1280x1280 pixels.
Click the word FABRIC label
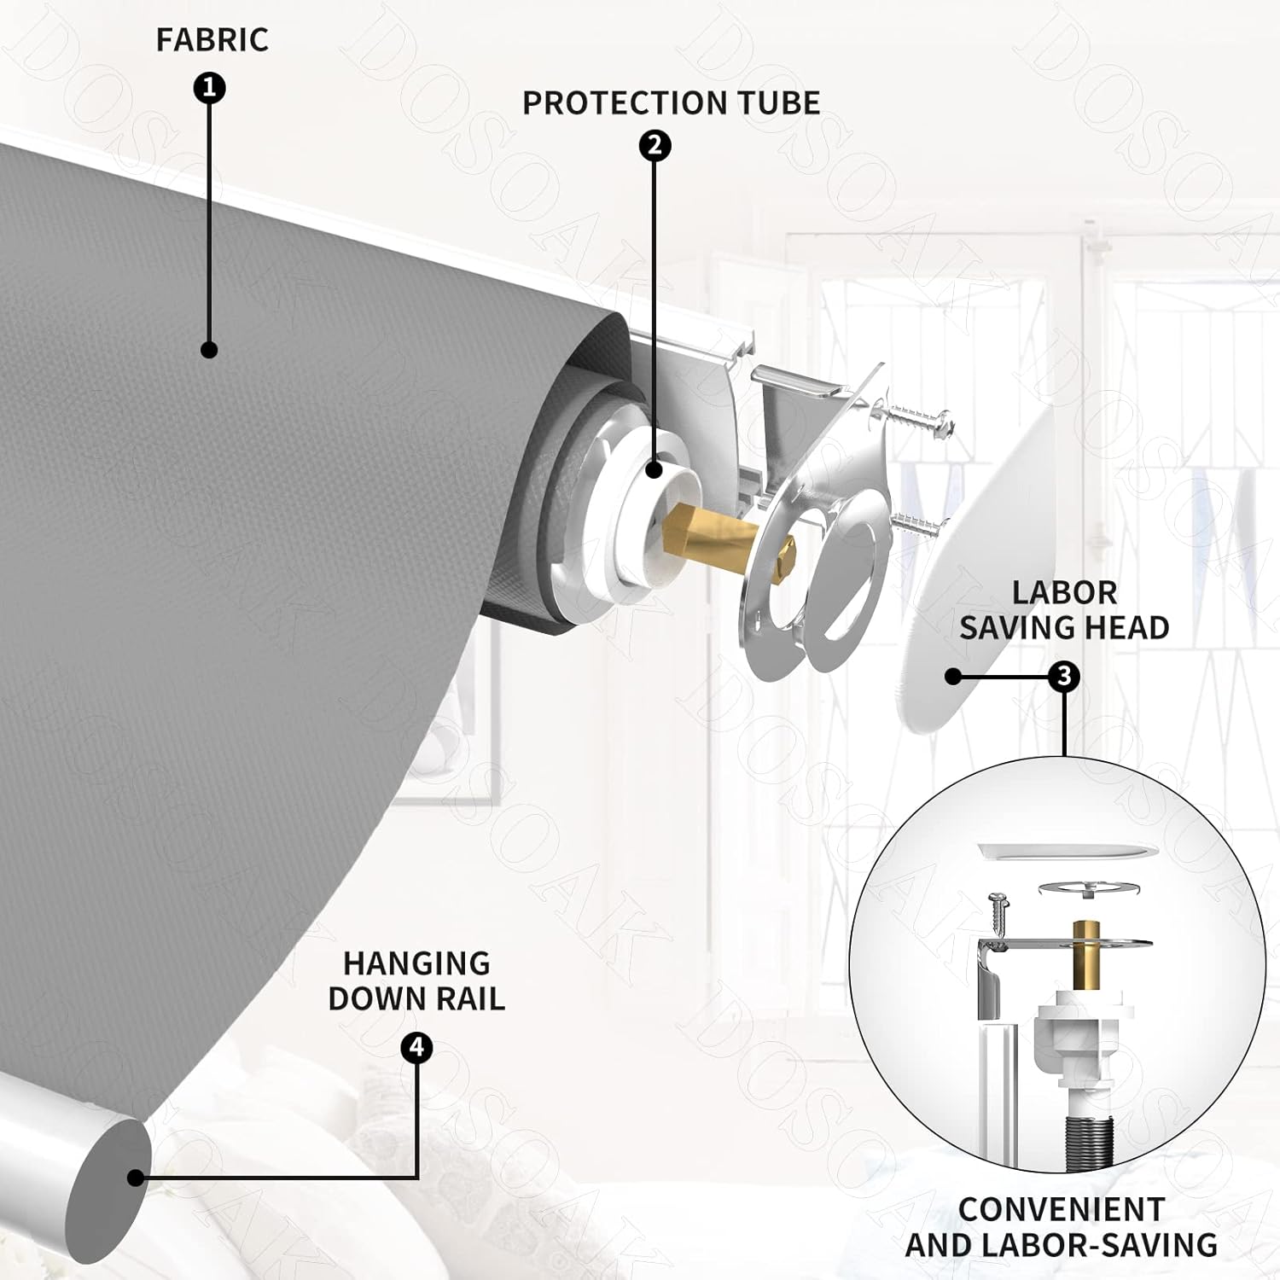click(212, 39)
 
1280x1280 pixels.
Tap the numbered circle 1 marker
click(209, 87)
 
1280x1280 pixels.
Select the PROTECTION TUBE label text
click(671, 103)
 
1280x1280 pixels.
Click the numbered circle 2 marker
click(655, 145)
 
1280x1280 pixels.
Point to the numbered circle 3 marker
click(1063, 677)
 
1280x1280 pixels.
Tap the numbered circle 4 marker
click(416, 1047)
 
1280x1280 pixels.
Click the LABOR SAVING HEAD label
click(1063, 610)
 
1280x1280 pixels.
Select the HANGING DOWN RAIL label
click(416, 980)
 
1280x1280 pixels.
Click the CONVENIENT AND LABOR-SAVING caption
click(1061, 1227)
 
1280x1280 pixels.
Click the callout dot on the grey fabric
click(209, 349)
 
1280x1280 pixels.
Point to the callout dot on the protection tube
click(654, 468)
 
